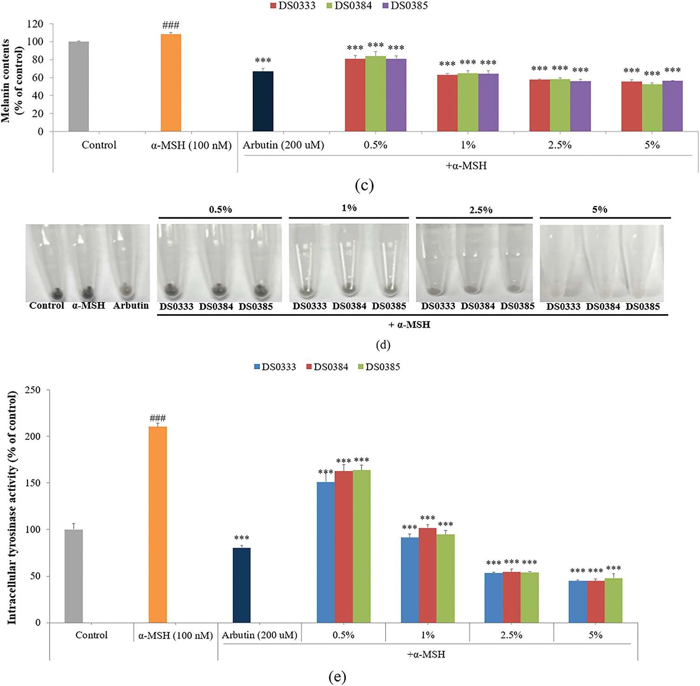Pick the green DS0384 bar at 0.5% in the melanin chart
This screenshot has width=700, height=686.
[375, 94]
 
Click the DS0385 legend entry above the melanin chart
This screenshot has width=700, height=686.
[405, 6]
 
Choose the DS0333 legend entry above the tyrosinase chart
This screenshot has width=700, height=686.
[275, 367]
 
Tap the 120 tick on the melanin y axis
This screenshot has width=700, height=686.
[35, 24]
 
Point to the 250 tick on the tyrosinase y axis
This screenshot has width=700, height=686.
[33, 390]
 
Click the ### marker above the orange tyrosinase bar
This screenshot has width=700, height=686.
[158, 418]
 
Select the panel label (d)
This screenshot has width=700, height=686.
[383, 345]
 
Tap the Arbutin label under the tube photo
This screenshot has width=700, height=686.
[131, 306]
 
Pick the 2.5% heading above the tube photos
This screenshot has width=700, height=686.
[480, 210]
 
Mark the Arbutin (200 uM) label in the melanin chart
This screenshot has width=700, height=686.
[283, 145]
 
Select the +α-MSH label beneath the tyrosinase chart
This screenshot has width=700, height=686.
[426, 654]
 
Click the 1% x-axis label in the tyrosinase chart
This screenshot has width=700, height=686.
[427, 635]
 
